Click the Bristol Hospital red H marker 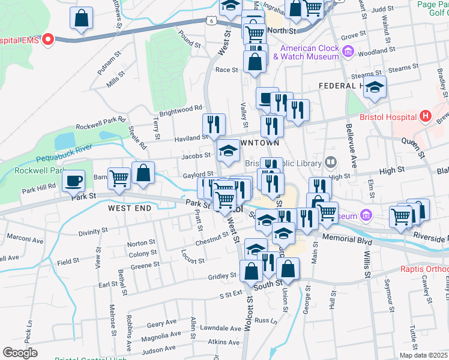coord(426,115)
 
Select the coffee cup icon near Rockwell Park coord(74,180)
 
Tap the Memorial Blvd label coord(345,238)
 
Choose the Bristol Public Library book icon coord(330,162)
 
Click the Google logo coord(20,353)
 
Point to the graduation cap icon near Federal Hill coord(375,88)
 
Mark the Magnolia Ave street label coord(161,336)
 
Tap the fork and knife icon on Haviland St coord(214,125)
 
